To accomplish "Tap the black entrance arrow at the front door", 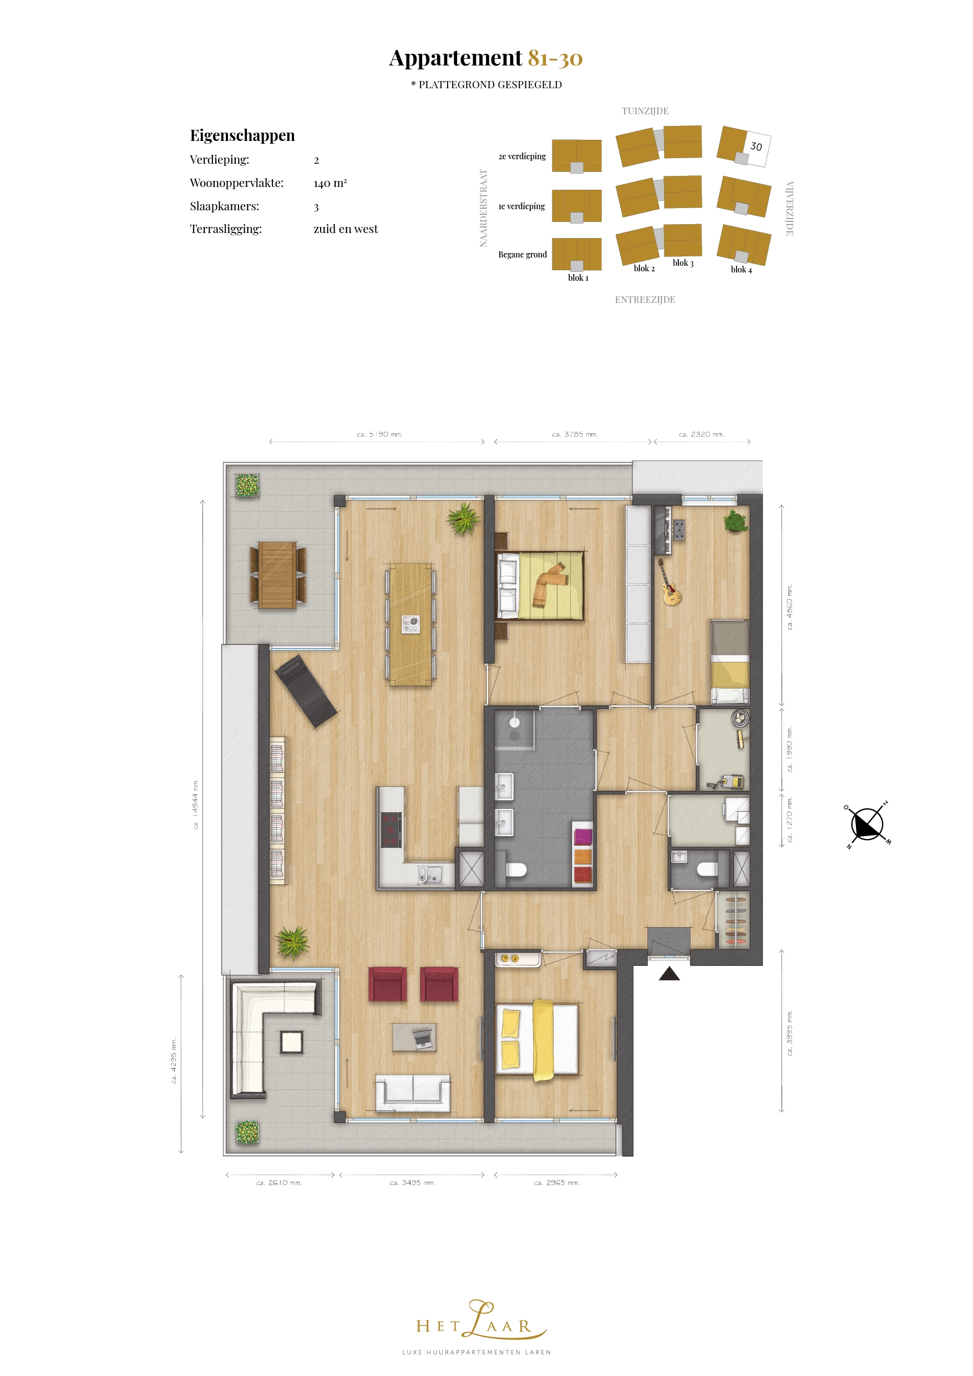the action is click(x=669, y=974).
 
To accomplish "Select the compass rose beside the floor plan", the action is click(x=867, y=824).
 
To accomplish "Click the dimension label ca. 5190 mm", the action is click(x=379, y=434).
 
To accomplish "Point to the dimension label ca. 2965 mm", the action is click(x=556, y=1182).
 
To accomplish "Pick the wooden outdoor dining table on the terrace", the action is click(x=277, y=575).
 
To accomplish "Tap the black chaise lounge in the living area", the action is click(x=306, y=691).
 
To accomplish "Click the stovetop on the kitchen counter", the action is click(x=391, y=829).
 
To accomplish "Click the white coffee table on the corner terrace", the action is click(x=292, y=1042).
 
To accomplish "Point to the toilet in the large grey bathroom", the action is click(x=515, y=869).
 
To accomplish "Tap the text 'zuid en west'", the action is click(x=346, y=229).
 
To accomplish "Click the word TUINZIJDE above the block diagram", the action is click(x=645, y=111).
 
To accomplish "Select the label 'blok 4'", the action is click(x=741, y=270).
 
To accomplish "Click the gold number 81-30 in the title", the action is click(x=555, y=58).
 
